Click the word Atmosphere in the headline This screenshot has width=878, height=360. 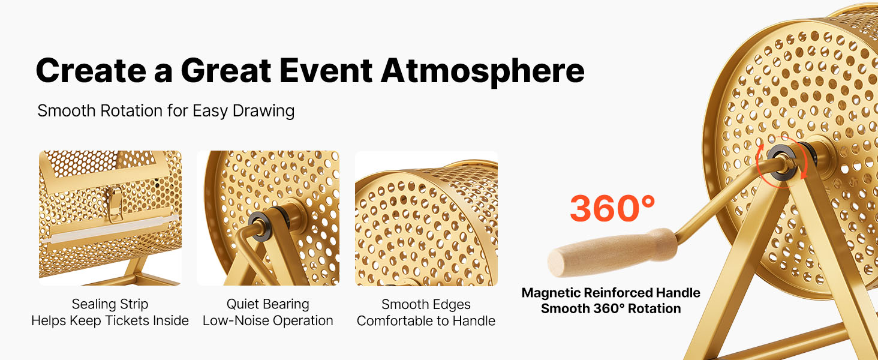(483, 71)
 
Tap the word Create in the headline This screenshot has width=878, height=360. (91, 71)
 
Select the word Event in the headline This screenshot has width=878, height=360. (326, 71)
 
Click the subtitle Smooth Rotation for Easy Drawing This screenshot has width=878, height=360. (166, 111)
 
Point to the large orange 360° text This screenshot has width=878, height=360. (612, 208)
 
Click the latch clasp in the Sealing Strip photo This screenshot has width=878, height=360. (115, 205)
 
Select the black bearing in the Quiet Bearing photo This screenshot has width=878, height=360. (260, 226)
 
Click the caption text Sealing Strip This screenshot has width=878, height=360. (110, 304)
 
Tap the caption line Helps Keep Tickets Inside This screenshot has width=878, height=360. (110, 321)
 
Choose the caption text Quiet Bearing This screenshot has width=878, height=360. (267, 304)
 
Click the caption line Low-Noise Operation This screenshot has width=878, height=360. (267, 321)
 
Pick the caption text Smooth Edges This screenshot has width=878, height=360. (426, 304)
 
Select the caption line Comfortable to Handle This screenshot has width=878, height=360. (426, 321)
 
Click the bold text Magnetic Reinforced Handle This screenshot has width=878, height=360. (611, 293)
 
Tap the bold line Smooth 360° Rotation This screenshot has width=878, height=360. (611, 308)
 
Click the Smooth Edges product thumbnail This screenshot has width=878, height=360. (426, 218)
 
